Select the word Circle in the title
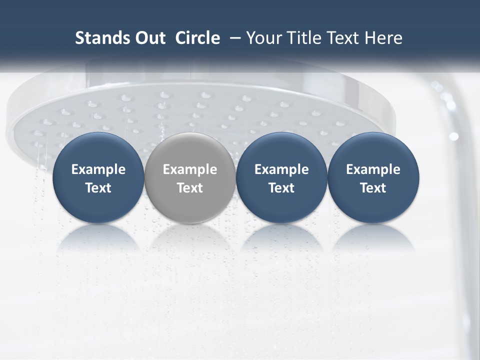[x=197, y=38]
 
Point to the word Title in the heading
[x=305, y=38]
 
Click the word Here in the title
[x=382, y=38]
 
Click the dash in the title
[x=232, y=38]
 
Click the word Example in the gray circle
[x=189, y=169]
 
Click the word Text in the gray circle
[x=189, y=188]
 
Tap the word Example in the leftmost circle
[x=98, y=169]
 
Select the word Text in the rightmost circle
[x=373, y=188]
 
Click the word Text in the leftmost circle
[x=98, y=188]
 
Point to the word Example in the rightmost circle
[x=373, y=169]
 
